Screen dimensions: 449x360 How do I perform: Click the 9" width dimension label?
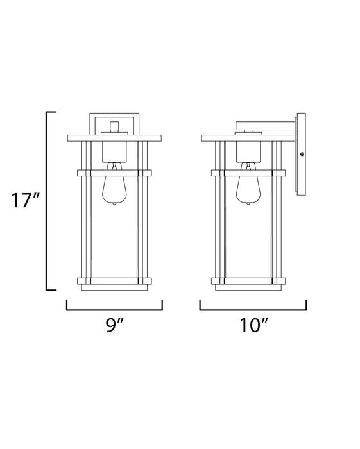pos(115,326)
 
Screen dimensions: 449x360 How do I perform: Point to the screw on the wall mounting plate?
pos(302,154)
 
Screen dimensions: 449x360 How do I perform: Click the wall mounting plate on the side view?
pos(301,154)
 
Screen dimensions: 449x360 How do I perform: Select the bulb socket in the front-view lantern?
pos(114,151)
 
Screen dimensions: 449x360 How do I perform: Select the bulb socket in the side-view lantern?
pos(248,151)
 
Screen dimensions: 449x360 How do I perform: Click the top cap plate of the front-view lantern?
pos(114,138)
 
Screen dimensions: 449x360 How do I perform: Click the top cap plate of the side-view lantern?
pos(248,138)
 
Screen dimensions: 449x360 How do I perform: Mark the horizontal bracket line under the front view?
pos(114,309)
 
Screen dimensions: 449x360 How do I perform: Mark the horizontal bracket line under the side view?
pos(253,309)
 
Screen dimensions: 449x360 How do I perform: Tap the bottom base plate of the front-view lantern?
pos(114,280)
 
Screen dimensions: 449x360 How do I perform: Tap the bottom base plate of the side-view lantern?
pos(248,280)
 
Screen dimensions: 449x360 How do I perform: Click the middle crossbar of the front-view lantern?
pos(114,173)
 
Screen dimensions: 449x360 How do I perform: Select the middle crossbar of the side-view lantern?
pos(248,173)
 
